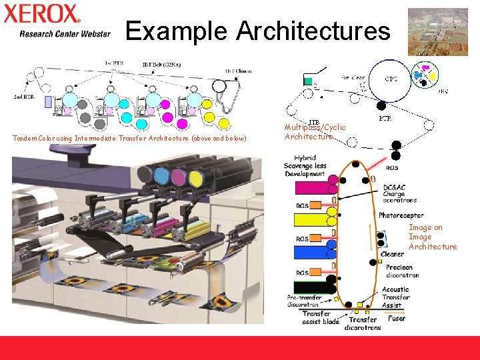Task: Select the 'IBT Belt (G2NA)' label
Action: (161, 65)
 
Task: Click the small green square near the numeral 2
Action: (308, 82)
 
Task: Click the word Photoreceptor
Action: (401, 215)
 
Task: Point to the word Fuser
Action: (397, 319)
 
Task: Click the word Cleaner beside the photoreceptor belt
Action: (392, 254)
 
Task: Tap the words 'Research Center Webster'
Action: (65, 34)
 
